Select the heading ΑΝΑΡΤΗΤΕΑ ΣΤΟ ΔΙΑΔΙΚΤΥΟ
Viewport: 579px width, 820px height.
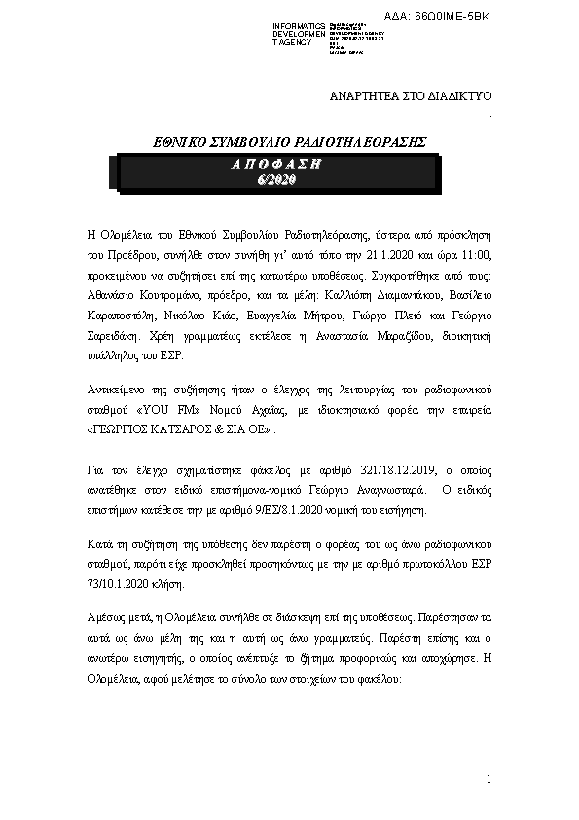tap(413, 97)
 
